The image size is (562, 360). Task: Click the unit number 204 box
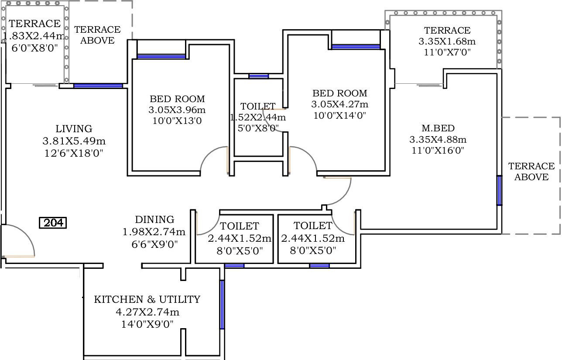[53, 223]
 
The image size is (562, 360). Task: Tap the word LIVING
[74, 129]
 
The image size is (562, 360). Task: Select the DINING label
[154, 219]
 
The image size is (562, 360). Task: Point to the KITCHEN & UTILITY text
[147, 299]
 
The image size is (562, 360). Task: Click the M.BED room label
[438, 128]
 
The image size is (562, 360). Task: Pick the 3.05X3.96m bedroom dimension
[177, 110]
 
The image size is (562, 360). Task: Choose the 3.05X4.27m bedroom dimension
[340, 104]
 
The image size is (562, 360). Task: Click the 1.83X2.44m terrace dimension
[34, 36]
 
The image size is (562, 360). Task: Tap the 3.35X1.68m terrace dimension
[447, 41]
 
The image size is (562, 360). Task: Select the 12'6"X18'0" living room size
[74, 153]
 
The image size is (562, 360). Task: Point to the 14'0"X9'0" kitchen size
[147, 324]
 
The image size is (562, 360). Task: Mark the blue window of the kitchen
[222, 305]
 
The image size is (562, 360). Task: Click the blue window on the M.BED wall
[500, 190]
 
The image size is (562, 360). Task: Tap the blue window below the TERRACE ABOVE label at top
[98, 86]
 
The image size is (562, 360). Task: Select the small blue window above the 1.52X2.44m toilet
[259, 76]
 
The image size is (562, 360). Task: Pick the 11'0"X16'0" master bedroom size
[438, 151]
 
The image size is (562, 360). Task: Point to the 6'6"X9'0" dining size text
[154, 244]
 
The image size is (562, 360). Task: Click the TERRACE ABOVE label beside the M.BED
[531, 171]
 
